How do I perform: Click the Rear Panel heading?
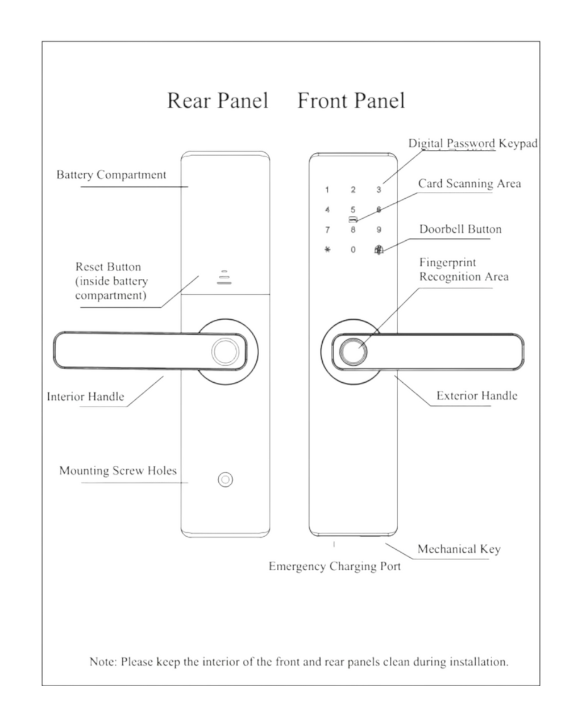218,101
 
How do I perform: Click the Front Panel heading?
351,101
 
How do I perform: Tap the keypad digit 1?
327,190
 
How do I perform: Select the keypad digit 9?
379,229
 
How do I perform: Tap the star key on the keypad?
327,250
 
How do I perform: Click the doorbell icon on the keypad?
379,250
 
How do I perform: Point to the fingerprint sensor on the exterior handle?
353,352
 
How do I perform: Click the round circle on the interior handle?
225,352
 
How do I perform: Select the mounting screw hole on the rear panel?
225,480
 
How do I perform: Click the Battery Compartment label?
111,175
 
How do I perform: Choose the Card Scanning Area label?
469,183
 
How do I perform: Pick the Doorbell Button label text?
460,229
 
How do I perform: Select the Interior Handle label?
86,396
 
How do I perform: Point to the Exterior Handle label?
477,396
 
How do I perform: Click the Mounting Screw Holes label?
118,471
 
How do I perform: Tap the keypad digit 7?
327,229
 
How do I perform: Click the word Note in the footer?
103,662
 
